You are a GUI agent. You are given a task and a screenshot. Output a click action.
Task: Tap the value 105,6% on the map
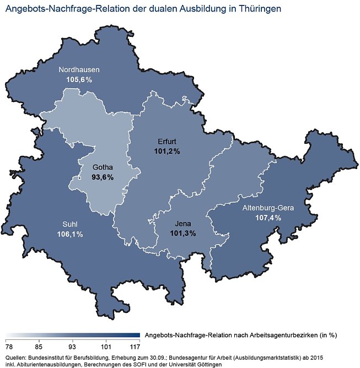click(x=78, y=79)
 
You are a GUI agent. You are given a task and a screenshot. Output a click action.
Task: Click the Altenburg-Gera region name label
click(x=268, y=208)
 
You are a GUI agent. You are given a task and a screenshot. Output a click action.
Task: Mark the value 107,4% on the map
click(x=268, y=218)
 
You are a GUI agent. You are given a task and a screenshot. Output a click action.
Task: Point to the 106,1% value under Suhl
click(x=69, y=234)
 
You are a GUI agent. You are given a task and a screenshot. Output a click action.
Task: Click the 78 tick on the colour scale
click(x=9, y=347)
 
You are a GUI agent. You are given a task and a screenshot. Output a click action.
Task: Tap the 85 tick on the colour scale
click(x=38, y=347)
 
